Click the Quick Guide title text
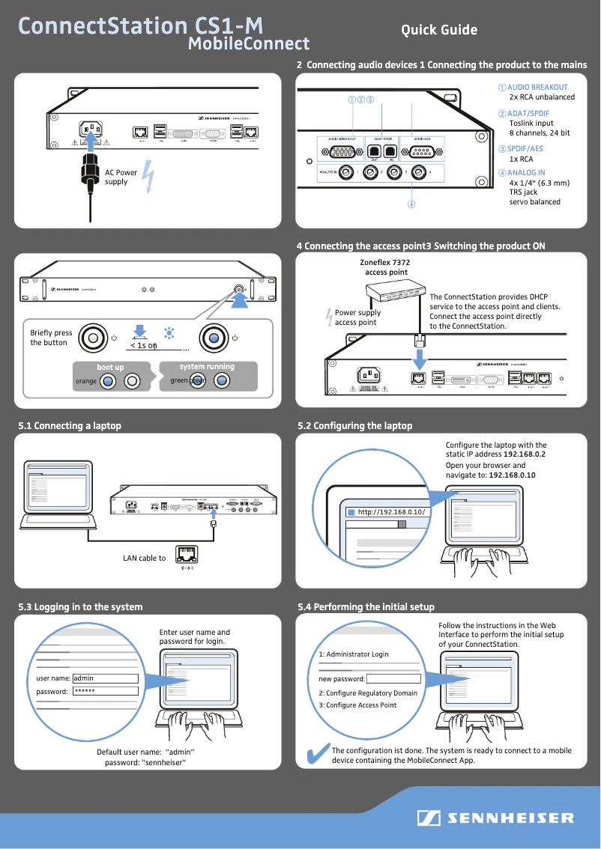click(439, 30)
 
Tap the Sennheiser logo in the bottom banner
click(495, 818)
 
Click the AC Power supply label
click(121, 177)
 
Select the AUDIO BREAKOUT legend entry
click(537, 88)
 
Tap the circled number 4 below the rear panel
click(411, 204)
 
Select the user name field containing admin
click(105, 678)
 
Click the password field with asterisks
click(105, 691)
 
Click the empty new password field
click(393, 679)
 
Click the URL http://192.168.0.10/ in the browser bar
click(391, 512)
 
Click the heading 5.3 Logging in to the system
click(80, 606)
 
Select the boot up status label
click(110, 368)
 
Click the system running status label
click(207, 367)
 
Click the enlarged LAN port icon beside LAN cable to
click(187, 555)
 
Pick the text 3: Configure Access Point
click(357, 705)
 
